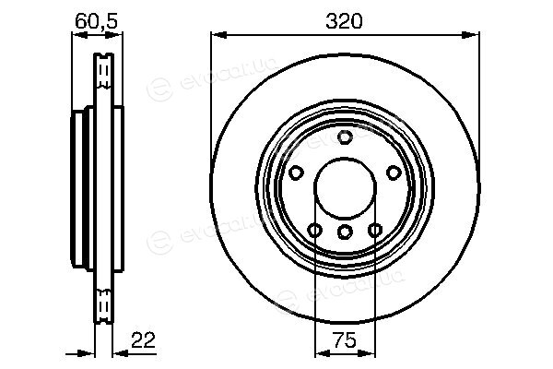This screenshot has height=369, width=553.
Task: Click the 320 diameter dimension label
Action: (344, 21)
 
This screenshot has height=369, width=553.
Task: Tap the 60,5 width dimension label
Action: (96, 21)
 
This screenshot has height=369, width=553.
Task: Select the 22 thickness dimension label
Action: (143, 340)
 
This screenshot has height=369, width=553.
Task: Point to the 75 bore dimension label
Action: (345, 340)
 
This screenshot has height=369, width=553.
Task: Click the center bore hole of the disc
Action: (345, 188)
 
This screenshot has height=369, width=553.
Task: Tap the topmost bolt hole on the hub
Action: (345, 137)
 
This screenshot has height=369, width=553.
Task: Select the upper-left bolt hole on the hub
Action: (296, 173)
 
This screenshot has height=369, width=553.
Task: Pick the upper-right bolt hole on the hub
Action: (394, 173)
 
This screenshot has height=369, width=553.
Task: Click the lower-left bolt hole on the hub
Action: (314, 231)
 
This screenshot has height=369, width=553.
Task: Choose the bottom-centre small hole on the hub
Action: (345, 232)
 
